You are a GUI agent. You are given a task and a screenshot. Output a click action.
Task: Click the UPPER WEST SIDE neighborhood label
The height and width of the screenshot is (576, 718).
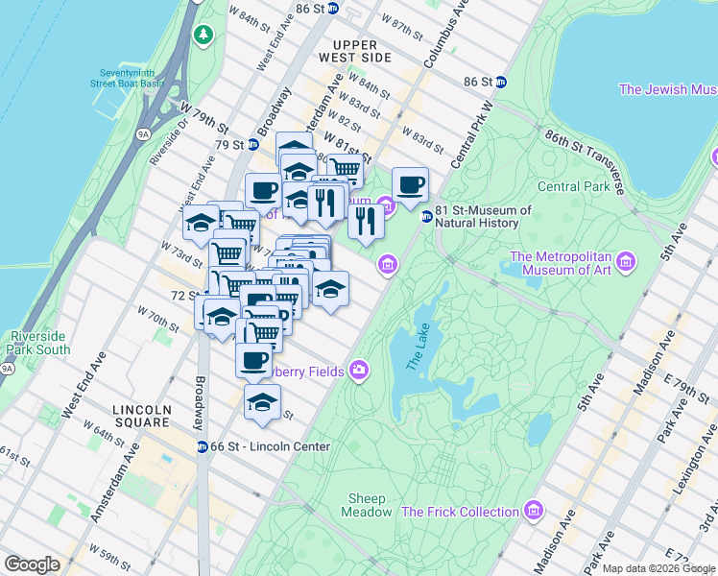point(362,51)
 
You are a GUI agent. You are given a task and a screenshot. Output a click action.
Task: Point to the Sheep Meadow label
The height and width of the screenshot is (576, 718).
point(366,506)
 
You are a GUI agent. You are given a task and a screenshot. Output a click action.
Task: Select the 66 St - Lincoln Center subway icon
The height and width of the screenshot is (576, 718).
point(203,446)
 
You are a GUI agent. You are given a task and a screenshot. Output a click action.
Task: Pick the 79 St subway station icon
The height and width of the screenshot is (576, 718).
point(252,145)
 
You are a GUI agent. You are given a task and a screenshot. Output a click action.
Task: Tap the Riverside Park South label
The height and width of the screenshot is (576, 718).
point(39,343)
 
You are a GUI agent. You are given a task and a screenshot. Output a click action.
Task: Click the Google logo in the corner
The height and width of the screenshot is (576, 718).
point(32,564)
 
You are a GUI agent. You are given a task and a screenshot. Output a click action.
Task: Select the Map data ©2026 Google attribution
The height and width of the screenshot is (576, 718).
point(658,568)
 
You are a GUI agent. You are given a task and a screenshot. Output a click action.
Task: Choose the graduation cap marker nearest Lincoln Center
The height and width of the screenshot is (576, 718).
point(261,402)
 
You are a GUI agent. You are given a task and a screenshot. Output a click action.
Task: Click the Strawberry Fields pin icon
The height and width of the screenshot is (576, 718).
point(359,371)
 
